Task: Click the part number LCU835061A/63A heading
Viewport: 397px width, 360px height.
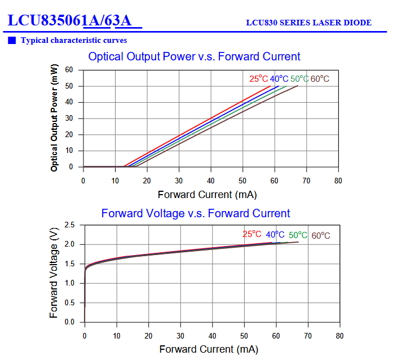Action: coord(74,21)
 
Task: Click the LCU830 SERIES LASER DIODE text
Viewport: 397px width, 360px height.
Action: coord(308,23)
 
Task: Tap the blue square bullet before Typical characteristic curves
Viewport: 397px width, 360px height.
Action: coord(12,40)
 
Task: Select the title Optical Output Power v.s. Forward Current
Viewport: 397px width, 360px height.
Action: coord(194,56)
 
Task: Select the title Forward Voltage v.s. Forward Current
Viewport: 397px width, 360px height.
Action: coord(196,213)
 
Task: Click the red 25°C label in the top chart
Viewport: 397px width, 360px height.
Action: coord(258,78)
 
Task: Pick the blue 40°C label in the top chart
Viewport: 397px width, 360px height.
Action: coord(279,78)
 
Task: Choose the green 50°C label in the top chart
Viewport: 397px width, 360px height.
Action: coord(299,78)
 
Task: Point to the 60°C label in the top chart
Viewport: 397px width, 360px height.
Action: coord(320,78)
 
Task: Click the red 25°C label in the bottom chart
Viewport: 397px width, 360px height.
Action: coord(252,234)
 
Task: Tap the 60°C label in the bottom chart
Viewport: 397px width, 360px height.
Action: coord(321,235)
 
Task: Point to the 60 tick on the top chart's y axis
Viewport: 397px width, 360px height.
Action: coord(69,70)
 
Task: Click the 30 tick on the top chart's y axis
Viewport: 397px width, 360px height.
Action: coord(69,118)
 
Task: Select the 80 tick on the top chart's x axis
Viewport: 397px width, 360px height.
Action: coord(338,181)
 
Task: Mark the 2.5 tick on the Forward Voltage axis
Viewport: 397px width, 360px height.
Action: coord(69,225)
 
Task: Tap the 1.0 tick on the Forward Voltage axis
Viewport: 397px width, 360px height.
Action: coord(69,283)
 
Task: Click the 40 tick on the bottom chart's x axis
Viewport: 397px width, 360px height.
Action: coord(212,336)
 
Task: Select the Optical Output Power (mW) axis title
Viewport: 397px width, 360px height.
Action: coord(54,118)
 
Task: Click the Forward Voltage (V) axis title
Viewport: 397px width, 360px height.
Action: coord(54,274)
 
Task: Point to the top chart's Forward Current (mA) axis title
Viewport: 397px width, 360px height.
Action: coord(207,195)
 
